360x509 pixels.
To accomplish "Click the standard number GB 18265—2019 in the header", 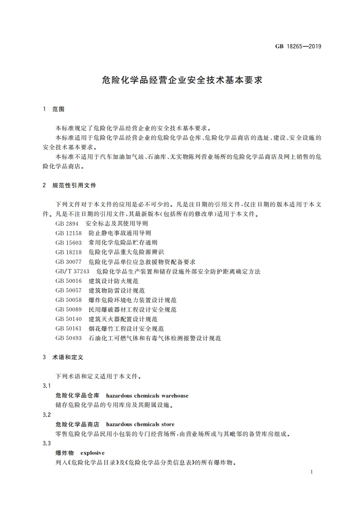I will click(x=298, y=46).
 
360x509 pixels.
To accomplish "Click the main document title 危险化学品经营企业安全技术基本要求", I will click(x=180, y=80).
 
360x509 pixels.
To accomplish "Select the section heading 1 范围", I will click(x=54, y=109).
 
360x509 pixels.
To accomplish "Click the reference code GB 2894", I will click(x=67, y=224).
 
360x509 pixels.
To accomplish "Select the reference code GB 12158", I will click(x=69, y=233).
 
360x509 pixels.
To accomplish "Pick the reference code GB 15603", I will click(x=69, y=243).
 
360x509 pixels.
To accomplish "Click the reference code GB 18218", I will click(x=69, y=252).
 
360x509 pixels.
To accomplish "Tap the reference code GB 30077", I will click(x=69, y=262).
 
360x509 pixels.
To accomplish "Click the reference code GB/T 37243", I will click(x=73, y=271).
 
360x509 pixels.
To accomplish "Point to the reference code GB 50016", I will click(x=69, y=281).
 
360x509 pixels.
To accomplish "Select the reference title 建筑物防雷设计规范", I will click(x=117, y=290).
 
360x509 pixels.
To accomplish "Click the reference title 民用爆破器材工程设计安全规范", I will click(x=133, y=309).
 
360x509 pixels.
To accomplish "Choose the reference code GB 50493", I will click(x=69, y=338).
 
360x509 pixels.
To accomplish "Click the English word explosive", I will click(x=93, y=453).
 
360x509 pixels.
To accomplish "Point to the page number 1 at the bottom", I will click(x=312, y=472).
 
